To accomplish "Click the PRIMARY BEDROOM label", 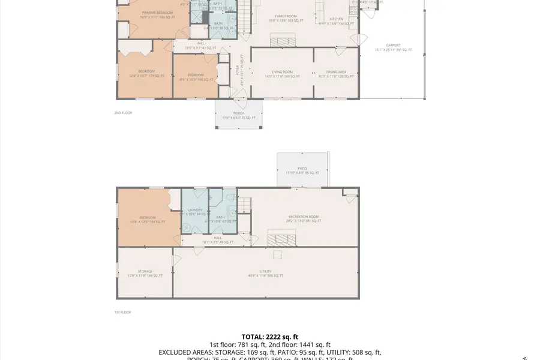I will point(157,13).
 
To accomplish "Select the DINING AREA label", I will point(336,71).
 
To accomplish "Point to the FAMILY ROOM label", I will point(286,16).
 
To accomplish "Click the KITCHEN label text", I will point(336,19).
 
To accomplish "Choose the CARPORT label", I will point(393,45).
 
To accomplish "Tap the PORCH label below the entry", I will point(239,113).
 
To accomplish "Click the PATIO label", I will point(302,169).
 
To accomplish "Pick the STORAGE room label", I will point(145,271).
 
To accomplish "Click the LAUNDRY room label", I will point(195,209).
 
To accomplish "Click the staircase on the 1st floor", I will point(244,207).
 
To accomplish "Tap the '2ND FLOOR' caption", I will point(123,113).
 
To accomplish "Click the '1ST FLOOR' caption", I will point(122,312).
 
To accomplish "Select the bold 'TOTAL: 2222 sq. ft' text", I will point(269,337).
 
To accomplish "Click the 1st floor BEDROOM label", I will point(148,217).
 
